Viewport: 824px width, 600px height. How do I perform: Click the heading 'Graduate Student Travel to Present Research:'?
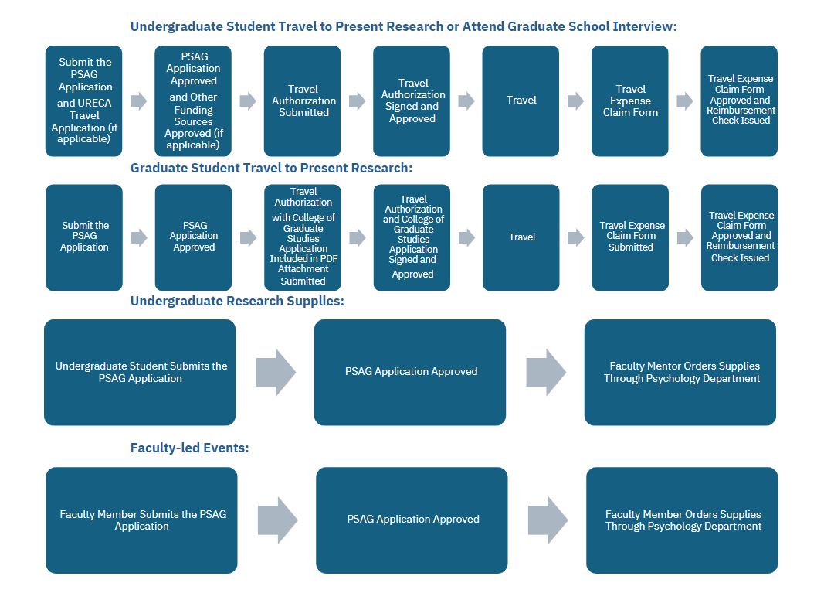[x=271, y=168]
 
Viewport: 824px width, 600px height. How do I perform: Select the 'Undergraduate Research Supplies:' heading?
[x=237, y=301]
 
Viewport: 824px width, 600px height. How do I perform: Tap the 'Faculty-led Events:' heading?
[x=189, y=448]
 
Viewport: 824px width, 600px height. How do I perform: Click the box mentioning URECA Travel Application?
[x=84, y=101]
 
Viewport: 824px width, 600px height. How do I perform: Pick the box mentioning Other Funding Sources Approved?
[x=194, y=101]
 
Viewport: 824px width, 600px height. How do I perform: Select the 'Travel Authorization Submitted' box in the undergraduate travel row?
[x=303, y=101]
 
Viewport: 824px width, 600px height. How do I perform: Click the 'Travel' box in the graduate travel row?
[x=521, y=237]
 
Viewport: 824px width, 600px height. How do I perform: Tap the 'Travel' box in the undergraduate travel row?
[x=521, y=101]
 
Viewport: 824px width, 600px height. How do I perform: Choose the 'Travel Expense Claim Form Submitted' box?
[x=630, y=237]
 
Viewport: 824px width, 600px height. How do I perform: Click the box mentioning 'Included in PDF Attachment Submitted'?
[x=303, y=237]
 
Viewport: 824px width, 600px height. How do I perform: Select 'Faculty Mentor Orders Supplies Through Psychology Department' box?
[x=680, y=373]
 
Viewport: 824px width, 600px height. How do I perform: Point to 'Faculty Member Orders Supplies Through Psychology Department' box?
[x=682, y=520]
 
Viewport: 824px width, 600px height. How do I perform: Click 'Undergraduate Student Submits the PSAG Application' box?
[x=141, y=373]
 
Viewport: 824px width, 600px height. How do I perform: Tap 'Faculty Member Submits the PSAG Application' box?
[x=142, y=520]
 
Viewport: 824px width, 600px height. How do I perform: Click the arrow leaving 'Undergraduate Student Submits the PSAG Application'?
[x=276, y=373]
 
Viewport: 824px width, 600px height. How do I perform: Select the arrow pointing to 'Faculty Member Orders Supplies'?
[x=548, y=520]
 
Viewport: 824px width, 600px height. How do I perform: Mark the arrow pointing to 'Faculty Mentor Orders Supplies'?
[x=546, y=373]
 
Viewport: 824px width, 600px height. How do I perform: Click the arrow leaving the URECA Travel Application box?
[x=138, y=101]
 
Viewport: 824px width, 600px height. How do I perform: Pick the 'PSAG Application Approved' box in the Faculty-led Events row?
[x=412, y=520]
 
